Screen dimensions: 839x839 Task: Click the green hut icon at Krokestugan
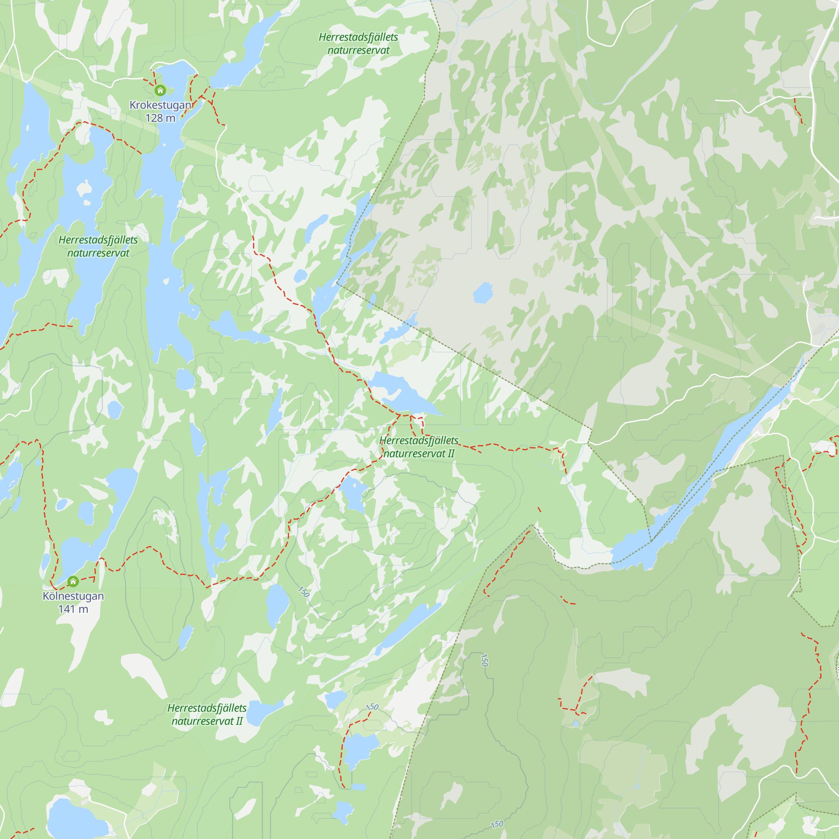[160, 90]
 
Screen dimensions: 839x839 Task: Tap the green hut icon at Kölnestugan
[73, 581]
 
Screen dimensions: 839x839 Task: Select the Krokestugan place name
[160, 105]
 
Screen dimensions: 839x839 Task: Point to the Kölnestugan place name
[73, 596]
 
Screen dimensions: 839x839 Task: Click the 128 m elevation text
[160, 118]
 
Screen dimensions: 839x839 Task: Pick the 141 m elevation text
[73, 609]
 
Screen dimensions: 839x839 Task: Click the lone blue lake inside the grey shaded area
[482, 293]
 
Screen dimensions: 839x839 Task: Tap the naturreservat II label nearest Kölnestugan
[207, 721]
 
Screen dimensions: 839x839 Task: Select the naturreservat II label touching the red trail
[419, 454]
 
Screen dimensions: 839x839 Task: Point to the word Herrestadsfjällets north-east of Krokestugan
[358, 37]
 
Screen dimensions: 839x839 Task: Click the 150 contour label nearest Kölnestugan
[304, 591]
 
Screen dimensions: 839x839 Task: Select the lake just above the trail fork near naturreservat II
[402, 393]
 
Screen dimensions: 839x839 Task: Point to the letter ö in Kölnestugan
[52, 596]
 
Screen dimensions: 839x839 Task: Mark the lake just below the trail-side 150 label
[359, 748]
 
